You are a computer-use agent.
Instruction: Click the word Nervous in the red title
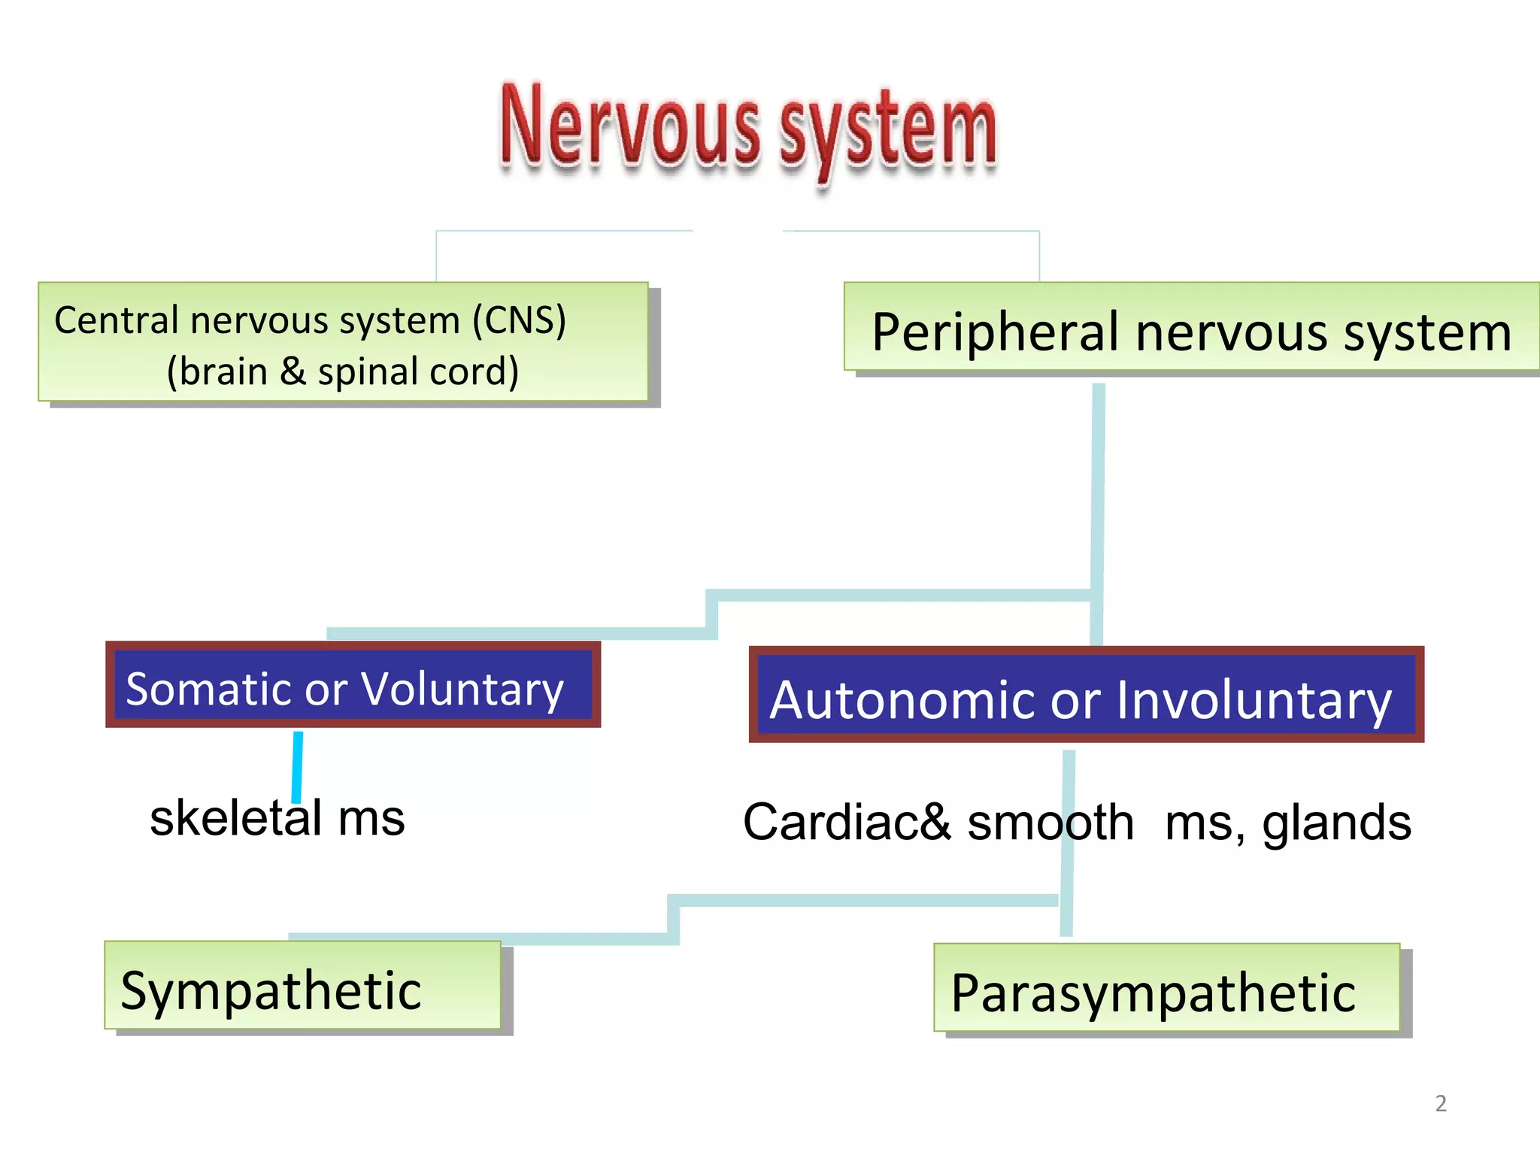630,126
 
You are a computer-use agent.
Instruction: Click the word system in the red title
887,132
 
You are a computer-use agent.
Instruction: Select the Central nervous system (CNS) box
343,341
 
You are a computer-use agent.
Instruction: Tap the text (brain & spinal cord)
343,371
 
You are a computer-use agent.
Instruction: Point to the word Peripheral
996,332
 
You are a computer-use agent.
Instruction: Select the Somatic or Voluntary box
353,684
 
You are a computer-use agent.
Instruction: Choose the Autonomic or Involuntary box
1086,694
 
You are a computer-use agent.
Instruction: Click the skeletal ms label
277,818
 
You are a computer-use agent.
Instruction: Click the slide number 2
1441,1103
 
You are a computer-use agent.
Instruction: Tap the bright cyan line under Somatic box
298,765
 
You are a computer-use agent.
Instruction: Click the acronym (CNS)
519,320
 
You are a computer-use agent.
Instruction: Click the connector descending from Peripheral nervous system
1098,489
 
